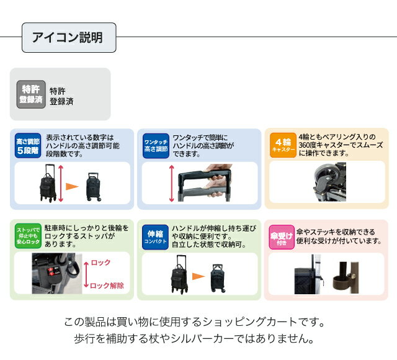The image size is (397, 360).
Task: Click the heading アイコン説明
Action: [68, 37]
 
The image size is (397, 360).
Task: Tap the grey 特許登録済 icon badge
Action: [31, 94]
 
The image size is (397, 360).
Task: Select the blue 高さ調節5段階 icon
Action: [28, 146]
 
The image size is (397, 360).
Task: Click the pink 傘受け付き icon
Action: [281, 236]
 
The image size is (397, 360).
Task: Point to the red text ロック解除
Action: [107, 286]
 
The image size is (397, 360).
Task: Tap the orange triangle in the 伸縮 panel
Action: [198, 274]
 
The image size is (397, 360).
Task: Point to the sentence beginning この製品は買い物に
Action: [194, 323]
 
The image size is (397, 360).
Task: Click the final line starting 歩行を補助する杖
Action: [194, 340]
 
